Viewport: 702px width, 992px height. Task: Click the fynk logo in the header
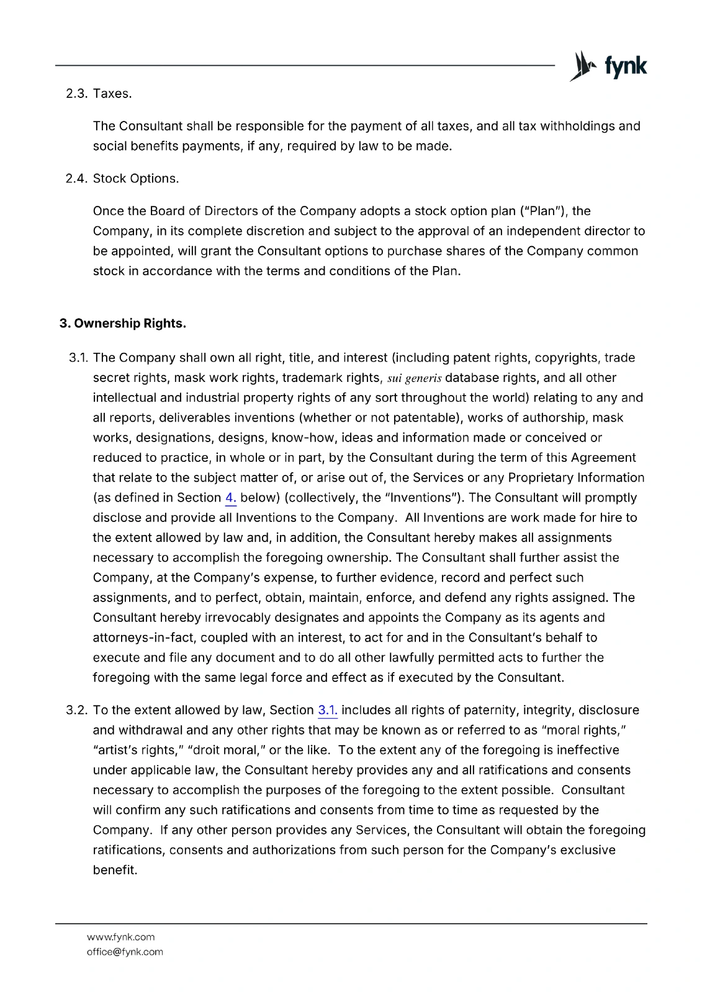pos(608,66)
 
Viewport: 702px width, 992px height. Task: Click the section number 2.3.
pos(78,94)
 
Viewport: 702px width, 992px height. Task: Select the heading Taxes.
pos(112,94)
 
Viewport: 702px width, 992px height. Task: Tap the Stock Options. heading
pos(136,179)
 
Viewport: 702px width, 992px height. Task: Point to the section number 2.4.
pos(78,179)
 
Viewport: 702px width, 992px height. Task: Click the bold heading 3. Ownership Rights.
pos(123,324)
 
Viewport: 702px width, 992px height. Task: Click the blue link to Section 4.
pos(230,498)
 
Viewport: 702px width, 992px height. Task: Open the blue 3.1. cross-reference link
pos(327,711)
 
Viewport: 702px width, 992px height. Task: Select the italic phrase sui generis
pos(414,378)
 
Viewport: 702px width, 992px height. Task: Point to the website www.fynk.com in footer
pos(120,937)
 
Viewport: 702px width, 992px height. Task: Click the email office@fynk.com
pos(125,952)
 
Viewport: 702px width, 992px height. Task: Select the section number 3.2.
pos(78,711)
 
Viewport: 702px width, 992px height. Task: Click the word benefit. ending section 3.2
pos(115,870)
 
